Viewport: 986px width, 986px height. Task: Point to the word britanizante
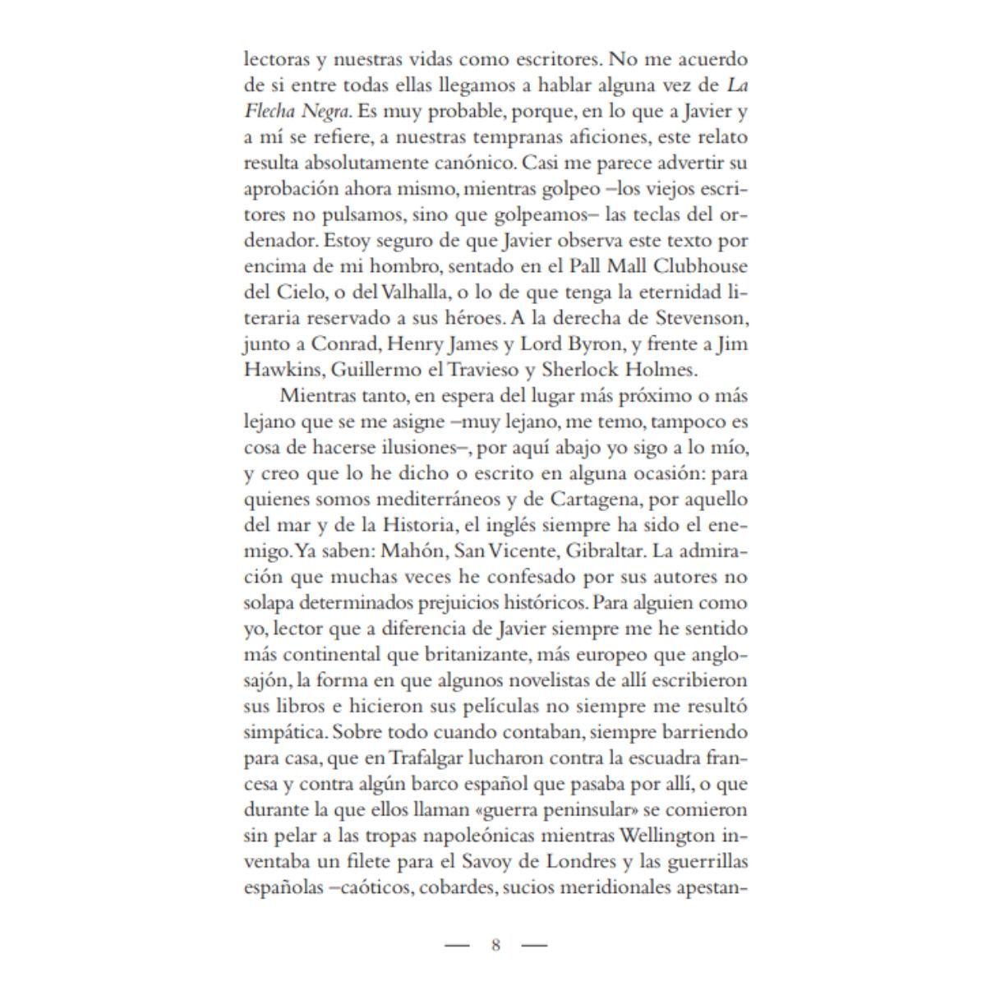[463, 655]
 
